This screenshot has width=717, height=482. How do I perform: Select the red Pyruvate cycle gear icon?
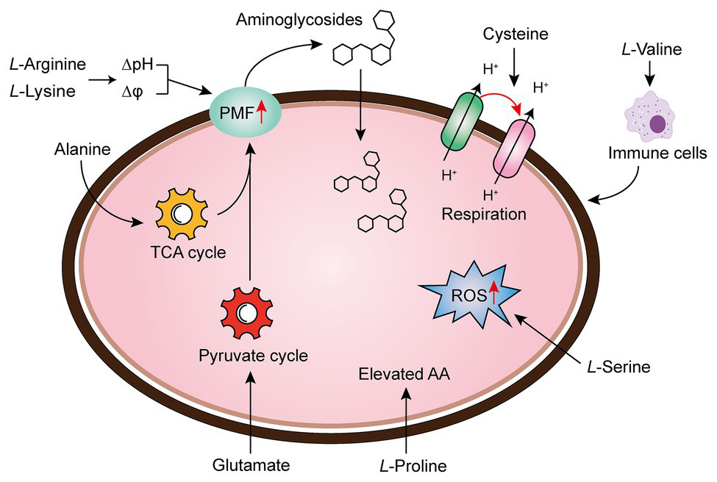click(248, 313)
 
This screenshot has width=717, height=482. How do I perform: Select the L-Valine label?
click(652, 50)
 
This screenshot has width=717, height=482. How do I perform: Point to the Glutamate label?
click(250, 465)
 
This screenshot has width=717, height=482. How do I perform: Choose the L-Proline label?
click(411, 465)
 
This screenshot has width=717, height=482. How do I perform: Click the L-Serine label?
click(619, 367)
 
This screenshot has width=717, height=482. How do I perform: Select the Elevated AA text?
click(404, 374)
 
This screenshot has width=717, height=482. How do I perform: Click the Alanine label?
click(81, 149)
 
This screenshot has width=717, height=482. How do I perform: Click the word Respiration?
click(484, 215)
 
